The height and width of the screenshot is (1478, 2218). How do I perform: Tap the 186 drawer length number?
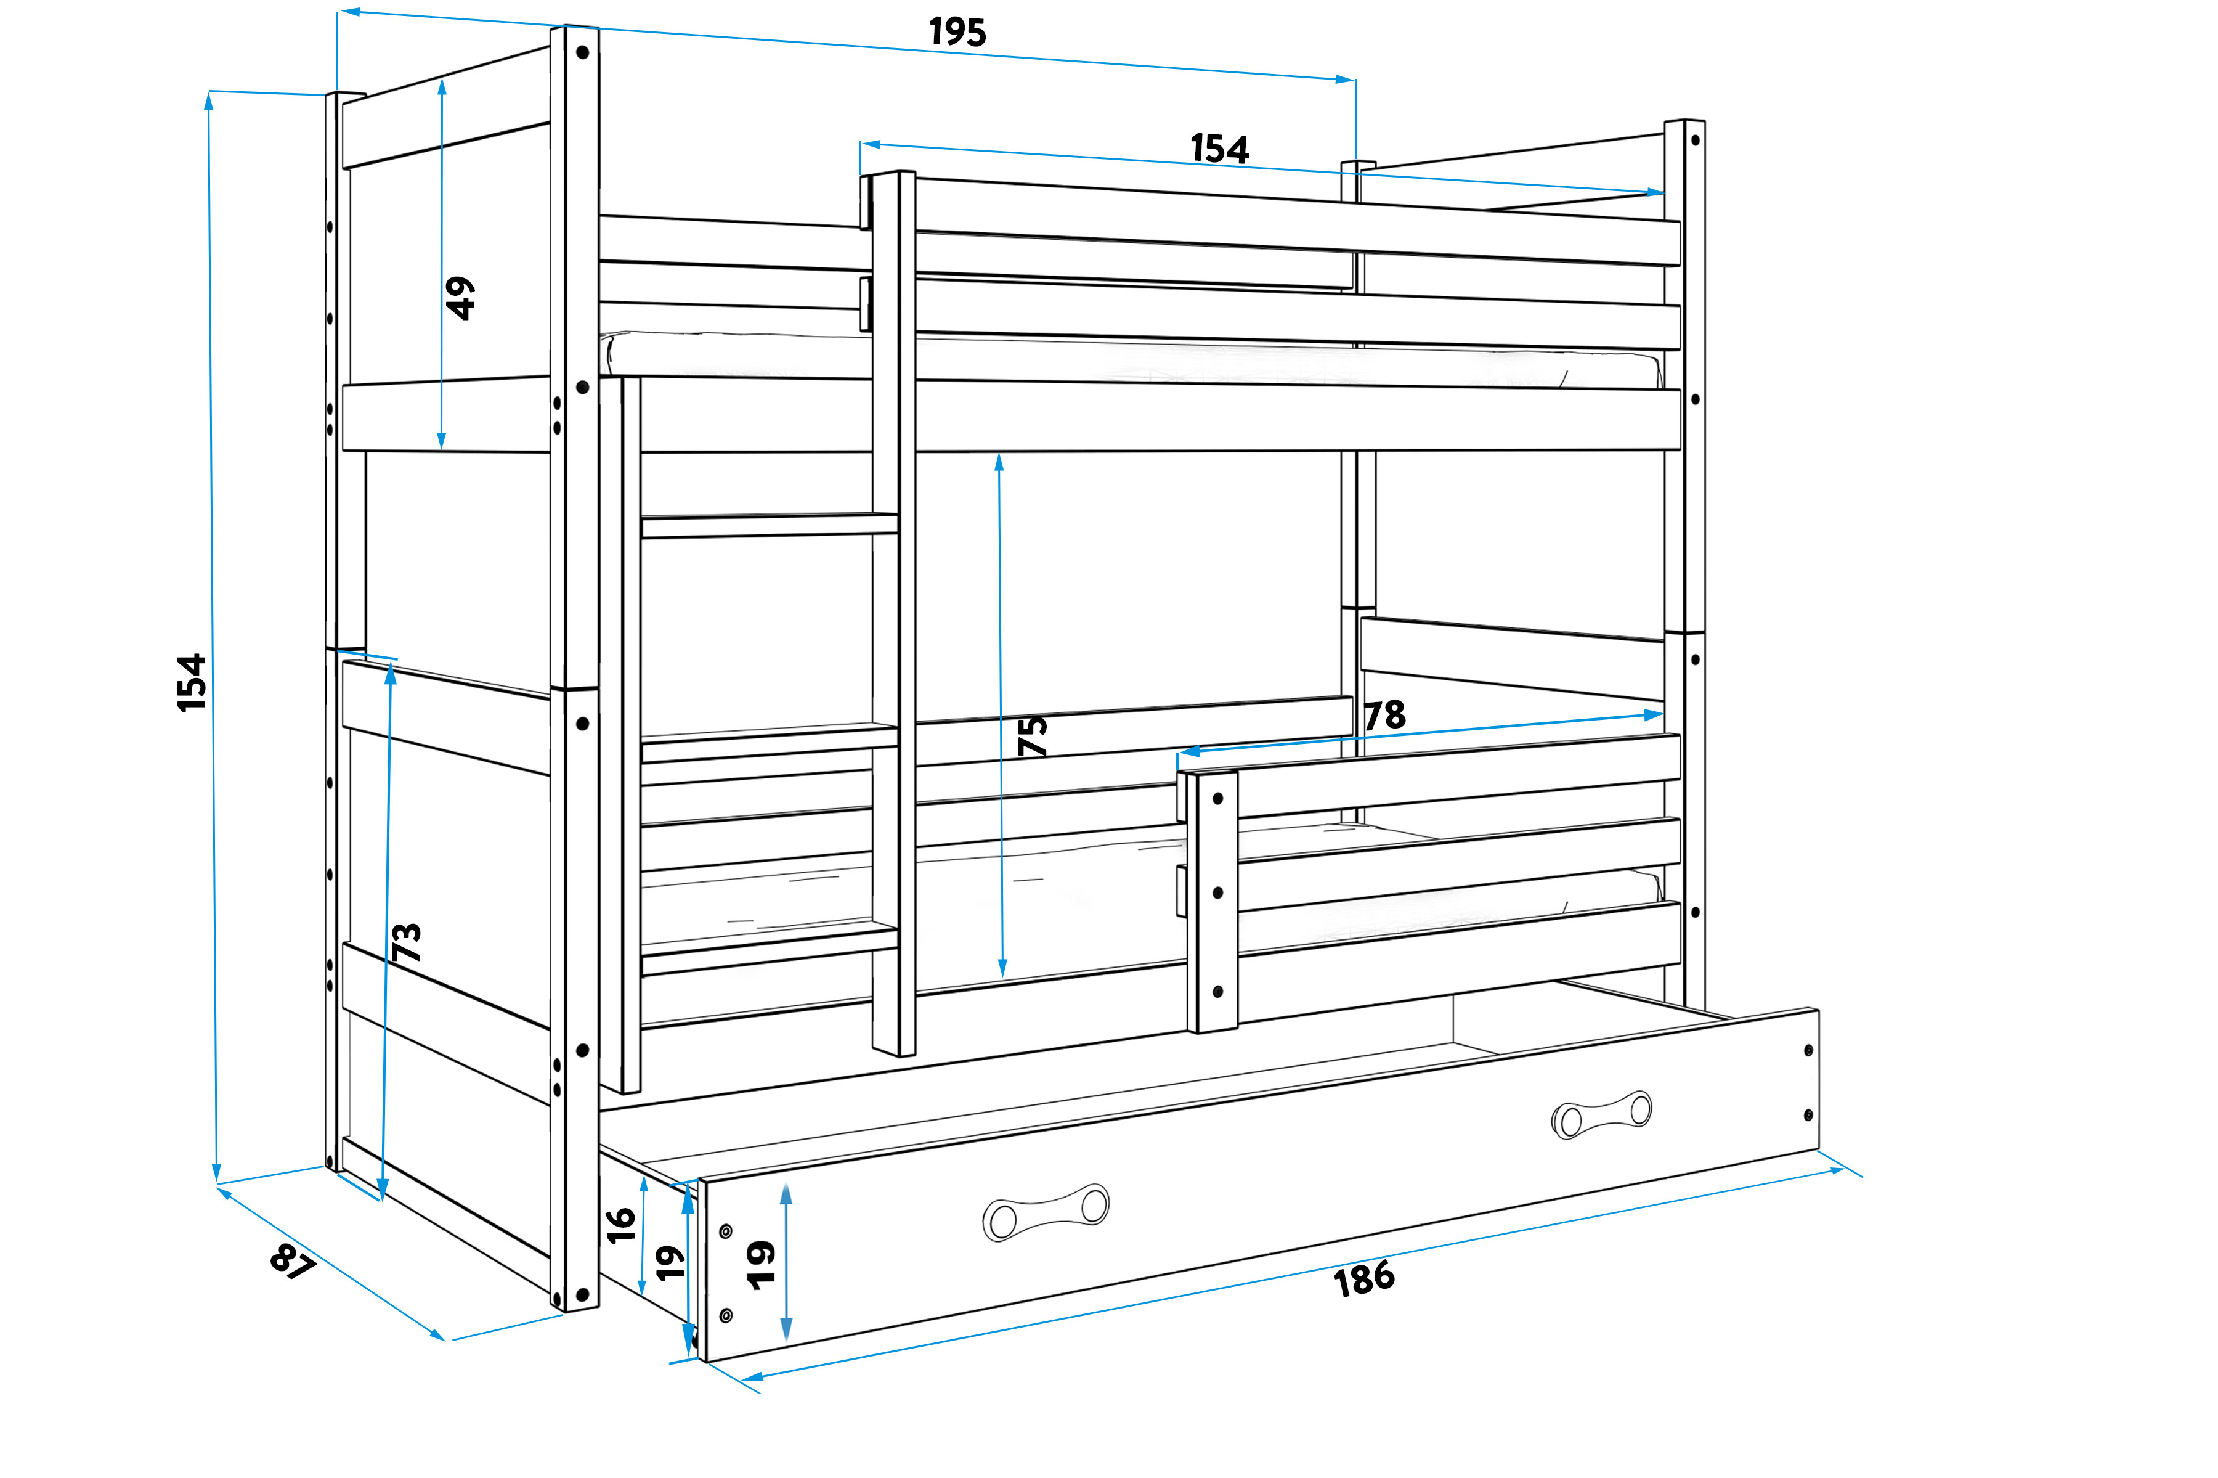click(x=1363, y=1278)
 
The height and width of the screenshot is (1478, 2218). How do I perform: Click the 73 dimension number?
click(x=406, y=942)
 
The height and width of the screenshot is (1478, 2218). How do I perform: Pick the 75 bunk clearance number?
click(x=1033, y=735)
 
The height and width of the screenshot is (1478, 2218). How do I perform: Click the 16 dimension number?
click(x=621, y=1225)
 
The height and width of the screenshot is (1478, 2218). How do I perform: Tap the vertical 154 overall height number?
click(x=191, y=682)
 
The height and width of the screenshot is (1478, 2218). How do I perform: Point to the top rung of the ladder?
click(x=769, y=525)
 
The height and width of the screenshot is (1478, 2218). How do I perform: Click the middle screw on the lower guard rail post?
click(x=1217, y=892)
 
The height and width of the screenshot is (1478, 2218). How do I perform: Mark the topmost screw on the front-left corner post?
click(x=582, y=53)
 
